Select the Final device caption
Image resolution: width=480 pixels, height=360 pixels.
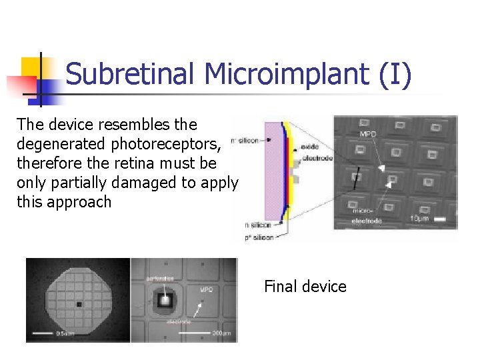305,287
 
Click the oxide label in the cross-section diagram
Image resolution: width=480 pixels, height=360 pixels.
311,146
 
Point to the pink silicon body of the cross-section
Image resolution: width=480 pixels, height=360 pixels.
273,173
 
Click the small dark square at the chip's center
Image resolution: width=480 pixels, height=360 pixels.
79,304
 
